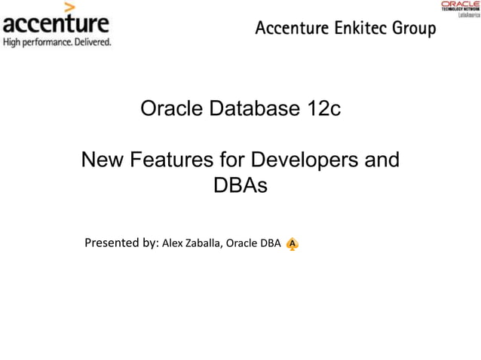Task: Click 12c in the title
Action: click(x=324, y=108)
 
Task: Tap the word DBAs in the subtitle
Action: click(x=240, y=185)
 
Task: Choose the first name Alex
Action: click(x=173, y=243)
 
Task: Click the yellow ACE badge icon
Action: click(x=293, y=244)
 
